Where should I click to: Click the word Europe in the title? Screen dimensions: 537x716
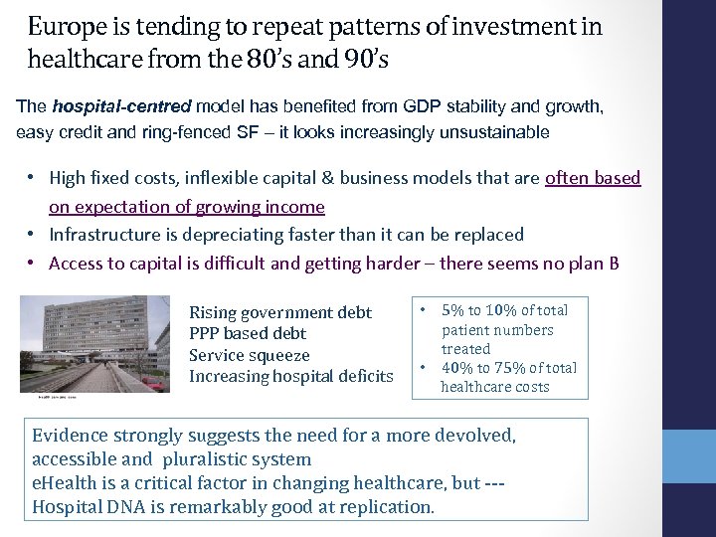63,26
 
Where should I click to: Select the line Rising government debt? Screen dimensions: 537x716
279,312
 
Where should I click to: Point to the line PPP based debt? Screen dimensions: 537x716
248,334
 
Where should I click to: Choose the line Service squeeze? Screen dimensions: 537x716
249,355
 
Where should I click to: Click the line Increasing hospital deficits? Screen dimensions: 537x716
290,376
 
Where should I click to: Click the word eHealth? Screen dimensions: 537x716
64,483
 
